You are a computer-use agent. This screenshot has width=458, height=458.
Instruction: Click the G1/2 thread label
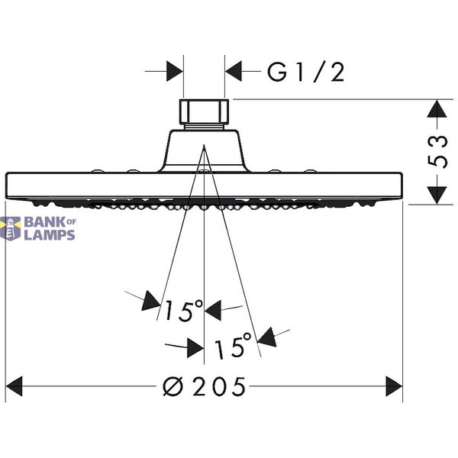click(x=306, y=73)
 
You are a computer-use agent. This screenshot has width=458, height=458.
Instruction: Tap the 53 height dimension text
click(x=437, y=151)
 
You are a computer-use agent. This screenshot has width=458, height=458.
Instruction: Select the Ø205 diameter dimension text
click(x=204, y=386)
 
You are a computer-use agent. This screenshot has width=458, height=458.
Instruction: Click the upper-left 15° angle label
click(x=183, y=311)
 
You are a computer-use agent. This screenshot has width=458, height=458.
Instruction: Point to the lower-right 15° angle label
click(x=233, y=346)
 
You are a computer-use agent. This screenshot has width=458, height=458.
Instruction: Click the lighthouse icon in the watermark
click(x=11, y=228)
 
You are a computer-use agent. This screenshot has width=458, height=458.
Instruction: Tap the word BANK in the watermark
click(x=46, y=222)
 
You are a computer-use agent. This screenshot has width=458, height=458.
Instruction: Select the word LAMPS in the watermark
click(x=50, y=235)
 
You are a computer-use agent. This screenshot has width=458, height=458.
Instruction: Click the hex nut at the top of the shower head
click(x=204, y=111)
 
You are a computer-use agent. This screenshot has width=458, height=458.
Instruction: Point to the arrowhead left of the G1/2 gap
click(x=175, y=71)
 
